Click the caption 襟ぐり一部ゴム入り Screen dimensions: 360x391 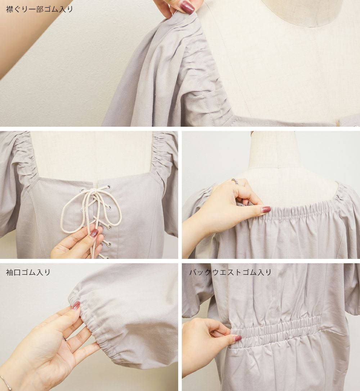pyautogui.click(x=39, y=9)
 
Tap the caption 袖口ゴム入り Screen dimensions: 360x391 pyautogui.click(x=28, y=272)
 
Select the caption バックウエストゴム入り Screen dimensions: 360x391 pyautogui.click(x=230, y=272)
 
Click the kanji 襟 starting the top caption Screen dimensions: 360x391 pyautogui.click(x=9, y=9)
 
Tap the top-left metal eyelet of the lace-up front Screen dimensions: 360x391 pyautogui.click(x=82, y=190)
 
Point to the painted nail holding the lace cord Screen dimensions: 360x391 pyautogui.click(x=94, y=233)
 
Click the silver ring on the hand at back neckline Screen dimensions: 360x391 pyautogui.click(x=235, y=181)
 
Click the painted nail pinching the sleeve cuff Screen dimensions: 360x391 pyautogui.click(x=76, y=305)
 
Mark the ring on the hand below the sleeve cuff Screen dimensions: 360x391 pyautogui.click(x=64, y=339)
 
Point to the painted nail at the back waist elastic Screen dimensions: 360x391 pyautogui.click(x=237, y=338)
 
